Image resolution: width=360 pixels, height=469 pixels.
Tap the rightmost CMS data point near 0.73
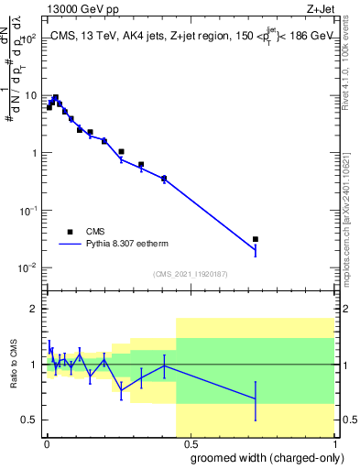[256, 239]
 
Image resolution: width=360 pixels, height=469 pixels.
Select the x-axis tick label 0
[47, 442]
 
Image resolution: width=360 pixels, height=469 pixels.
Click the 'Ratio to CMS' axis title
[15, 364]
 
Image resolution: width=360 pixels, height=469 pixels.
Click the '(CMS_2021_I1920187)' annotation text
[190, 274]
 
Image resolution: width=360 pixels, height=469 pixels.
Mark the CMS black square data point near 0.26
[122, 151]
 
